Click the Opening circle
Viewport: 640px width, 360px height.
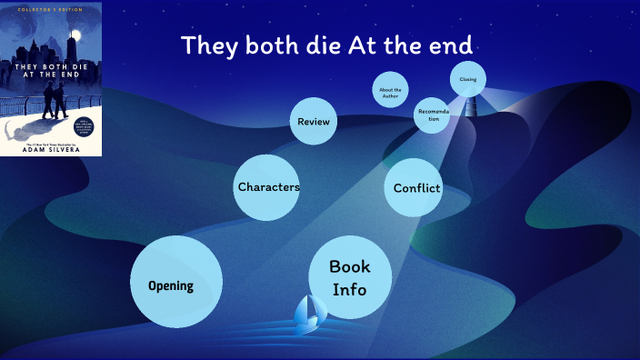point(176,282)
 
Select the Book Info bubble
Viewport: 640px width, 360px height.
point(350,277)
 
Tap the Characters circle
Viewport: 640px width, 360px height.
point(268,187)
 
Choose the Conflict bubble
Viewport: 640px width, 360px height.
point(415,188)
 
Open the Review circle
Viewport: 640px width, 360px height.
point(314,122)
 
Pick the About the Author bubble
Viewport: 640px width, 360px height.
point(390,90)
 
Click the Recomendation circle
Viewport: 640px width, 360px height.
point(433,115)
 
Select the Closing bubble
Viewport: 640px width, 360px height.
point(468,80)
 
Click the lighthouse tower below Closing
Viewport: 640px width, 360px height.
point(471,105)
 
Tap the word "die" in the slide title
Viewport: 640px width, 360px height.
point(318,45)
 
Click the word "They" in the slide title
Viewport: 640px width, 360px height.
point(209,45)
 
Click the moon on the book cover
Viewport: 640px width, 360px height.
point(76,35)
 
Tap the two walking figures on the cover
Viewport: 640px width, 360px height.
point(55,100)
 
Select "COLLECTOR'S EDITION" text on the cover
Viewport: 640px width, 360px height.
point(51,9)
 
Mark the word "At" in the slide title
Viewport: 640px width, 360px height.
point(365,45)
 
